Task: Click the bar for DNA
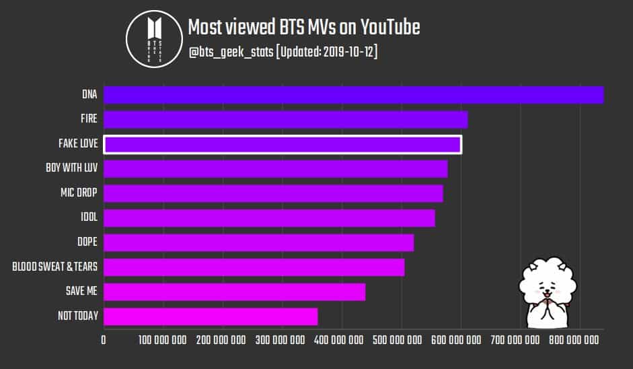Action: tap(353, 95)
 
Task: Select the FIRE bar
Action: tap(285, 119)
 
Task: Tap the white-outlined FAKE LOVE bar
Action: tap(282, 144)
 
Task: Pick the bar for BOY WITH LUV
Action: tap(275, 168)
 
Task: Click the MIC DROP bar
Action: tap(273, 193)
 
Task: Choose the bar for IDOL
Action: tap(269, 218)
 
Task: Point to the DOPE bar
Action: tap(258, 242)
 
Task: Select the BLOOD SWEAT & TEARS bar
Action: tap(254, 267)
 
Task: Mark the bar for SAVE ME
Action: tap(234, 292)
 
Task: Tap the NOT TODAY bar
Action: tap(211, 316)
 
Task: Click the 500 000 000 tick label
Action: tap(342, 341)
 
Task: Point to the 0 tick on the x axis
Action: tap(104, 341)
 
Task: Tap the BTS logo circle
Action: tap(154, 39)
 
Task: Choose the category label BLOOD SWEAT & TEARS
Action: tap(54, 267)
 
